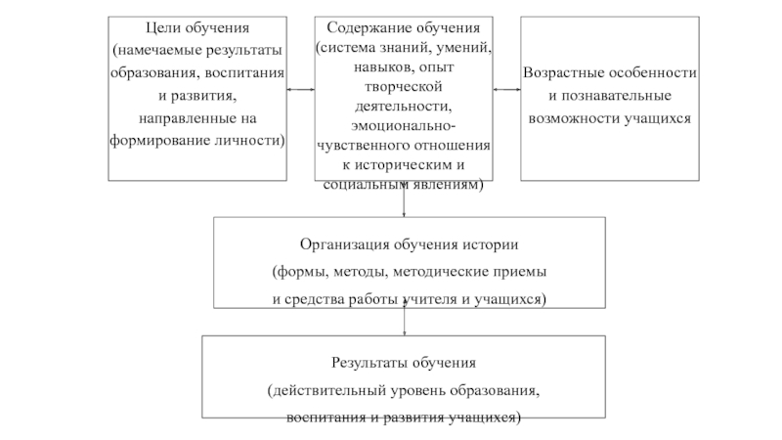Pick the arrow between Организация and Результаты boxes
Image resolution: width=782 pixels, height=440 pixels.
click(405, 321)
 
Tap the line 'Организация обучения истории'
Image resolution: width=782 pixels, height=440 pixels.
click(409, 244)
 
